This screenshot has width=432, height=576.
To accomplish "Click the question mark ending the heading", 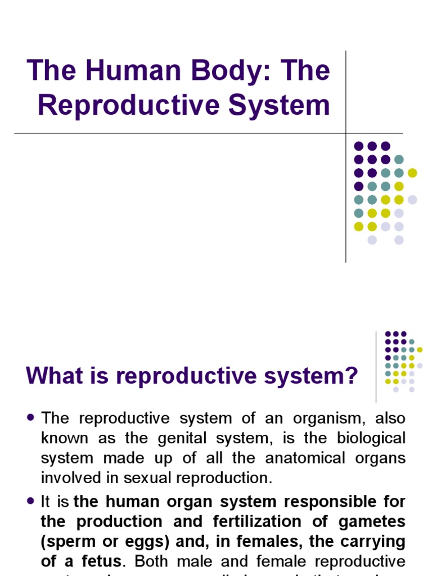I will point(351,376).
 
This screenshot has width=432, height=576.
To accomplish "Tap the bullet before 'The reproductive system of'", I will point(31,418).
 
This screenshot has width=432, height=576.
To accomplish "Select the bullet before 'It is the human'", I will point(31,500).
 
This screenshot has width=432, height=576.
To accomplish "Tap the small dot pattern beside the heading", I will point(403,362).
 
